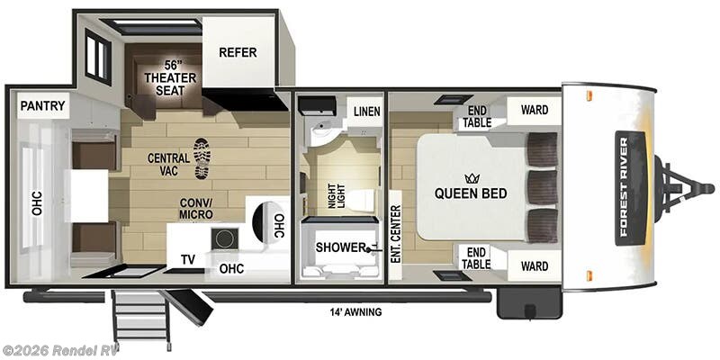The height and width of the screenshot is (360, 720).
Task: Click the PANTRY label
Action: (42, 106)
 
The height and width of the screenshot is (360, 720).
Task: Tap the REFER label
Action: (238, 52)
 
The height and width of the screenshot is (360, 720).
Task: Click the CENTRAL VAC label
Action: (169, 165)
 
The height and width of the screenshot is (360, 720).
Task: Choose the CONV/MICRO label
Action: (195, 208)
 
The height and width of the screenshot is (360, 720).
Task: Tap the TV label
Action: (187, 259)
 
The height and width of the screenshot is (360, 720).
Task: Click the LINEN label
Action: (366, 111)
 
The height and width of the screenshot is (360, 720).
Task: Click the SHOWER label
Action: (340, 247)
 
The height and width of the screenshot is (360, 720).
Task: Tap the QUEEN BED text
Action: (471, 193)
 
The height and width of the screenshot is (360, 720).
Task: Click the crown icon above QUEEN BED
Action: (470, 178)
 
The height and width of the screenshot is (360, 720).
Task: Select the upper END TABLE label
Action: (476, 117)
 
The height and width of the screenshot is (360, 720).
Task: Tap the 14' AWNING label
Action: (355, 312)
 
